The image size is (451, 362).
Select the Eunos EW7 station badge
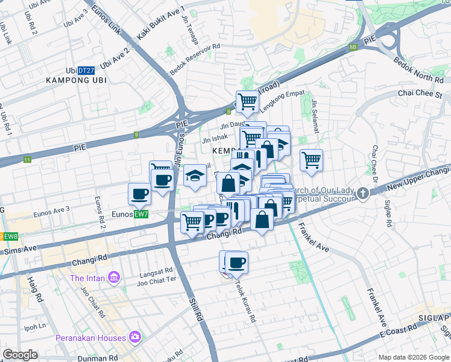tap(140, 214)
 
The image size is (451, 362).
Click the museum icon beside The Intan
tap(113, 278)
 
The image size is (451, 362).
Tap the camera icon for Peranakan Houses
tap(136, 337)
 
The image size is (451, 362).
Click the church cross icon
tap(362, 194)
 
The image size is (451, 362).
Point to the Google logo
tap(20, 355)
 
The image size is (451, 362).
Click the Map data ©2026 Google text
tap(413, 357)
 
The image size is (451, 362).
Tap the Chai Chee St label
tap(420, 94)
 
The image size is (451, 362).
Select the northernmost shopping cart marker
tap(247, 102)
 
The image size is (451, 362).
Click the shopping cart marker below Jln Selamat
tap(311, 160)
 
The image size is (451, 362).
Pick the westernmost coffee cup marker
tap(139, 194)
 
